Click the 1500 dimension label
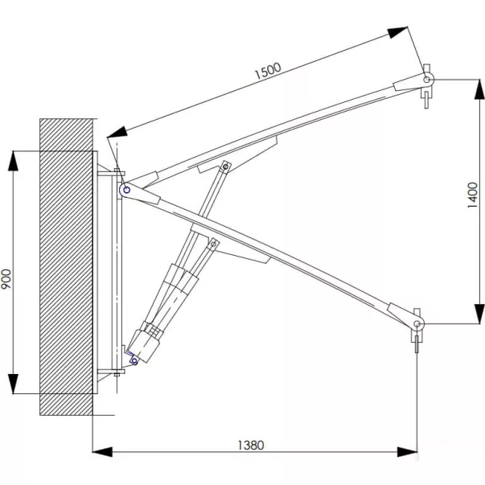268,71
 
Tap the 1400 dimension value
473,195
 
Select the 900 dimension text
6,279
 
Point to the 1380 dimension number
251,445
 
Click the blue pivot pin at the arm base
126,190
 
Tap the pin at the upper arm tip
427,80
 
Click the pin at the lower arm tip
417,324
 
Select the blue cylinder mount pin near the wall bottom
134,360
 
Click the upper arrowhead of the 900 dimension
13,161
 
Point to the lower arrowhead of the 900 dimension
13,384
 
